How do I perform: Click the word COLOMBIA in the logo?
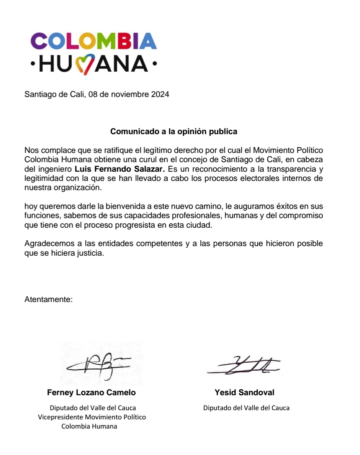(x=93, y=41)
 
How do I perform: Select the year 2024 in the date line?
(x=160, y=94)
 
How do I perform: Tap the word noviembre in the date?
(x=129, y=94)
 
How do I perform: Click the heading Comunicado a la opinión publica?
(x=174, y=131)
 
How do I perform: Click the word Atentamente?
(x=48, y=299)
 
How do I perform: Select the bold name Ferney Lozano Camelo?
(x=91, y=393)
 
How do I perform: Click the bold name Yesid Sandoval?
(x=244, y=393)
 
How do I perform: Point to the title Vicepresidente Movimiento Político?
(x=92, y=417)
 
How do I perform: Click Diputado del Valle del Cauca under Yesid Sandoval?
(x=246, y=408)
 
